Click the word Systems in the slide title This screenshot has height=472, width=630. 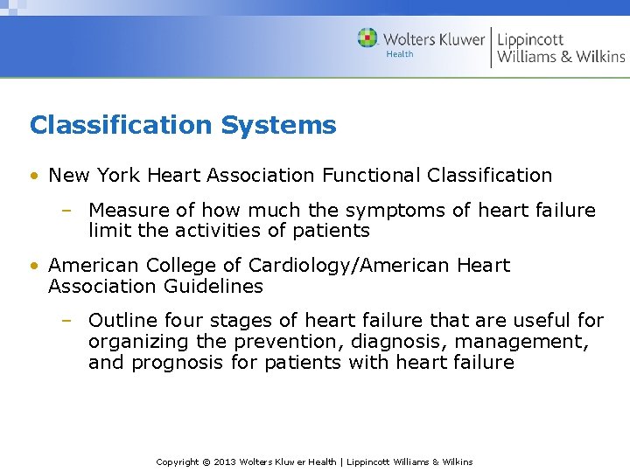coord(278,125)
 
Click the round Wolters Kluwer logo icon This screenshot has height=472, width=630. coord(367,38)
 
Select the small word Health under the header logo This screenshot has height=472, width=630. coord(399,54)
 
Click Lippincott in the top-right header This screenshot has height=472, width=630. coord(530,38)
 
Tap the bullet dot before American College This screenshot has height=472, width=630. coord(33,266)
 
